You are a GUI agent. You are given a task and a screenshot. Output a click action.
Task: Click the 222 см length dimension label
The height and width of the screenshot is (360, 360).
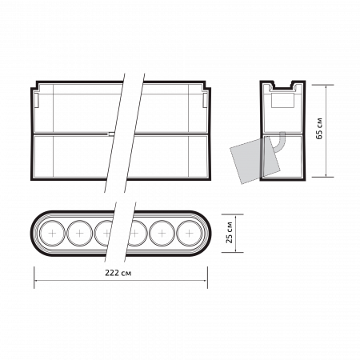(x=118, y=273)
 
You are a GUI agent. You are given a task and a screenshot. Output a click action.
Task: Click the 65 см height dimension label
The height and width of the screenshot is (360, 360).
(x=319, y=128)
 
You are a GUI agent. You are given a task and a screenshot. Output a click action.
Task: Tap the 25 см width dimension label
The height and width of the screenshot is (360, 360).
(x=229, y=233)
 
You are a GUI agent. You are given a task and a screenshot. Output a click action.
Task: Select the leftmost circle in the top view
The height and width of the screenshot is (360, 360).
(x=52, y=234)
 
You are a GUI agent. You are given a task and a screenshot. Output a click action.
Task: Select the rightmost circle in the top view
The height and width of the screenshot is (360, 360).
(x=190, y=234)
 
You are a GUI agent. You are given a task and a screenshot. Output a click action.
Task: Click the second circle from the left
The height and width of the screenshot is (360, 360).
(x=79, y=234)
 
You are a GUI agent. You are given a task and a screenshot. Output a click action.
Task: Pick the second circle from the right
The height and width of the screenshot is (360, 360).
(x=162, y=234)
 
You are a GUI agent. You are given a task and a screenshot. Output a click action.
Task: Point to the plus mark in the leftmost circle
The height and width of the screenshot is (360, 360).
(x=52, y=234)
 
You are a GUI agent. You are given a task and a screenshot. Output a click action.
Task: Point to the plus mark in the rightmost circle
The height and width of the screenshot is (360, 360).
(x=190, y=234)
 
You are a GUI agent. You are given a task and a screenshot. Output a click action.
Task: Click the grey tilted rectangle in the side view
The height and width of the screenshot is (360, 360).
(x=255, y=160)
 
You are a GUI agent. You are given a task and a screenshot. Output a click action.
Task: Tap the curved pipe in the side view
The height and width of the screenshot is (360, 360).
(x=278, y=143)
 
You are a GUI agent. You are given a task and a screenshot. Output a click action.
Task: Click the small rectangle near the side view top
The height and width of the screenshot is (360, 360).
(x=282, y=100)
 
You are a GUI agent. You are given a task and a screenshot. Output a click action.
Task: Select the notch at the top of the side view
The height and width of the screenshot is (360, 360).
(x=282, y=86)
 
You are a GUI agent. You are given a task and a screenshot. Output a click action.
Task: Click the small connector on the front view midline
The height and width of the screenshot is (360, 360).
(x=111, y=134)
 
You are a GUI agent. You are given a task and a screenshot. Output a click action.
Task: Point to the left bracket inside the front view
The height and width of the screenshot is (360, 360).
(x=37, y=101)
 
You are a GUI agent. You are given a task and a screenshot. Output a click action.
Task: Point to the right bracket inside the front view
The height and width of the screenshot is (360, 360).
(x=205, y=101)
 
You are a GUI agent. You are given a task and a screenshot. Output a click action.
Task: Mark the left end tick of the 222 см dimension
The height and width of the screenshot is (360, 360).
(x=34, y=278)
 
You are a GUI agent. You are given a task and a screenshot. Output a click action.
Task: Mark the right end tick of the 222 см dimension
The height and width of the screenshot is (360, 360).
(x=207, y=278)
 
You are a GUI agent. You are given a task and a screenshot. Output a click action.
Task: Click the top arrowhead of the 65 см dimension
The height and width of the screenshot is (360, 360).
(x=326, y=87)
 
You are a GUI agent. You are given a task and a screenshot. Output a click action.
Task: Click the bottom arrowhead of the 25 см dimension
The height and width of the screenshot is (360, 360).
(x=235, y=250)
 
